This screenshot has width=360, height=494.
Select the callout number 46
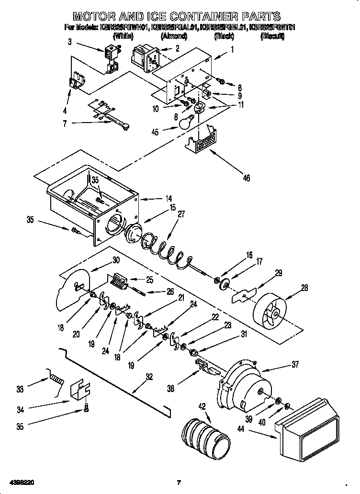pos(246,178)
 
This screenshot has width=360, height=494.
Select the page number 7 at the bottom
pos(178,482)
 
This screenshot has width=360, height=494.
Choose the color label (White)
pos(123,36)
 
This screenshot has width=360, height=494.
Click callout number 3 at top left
pos(70,43)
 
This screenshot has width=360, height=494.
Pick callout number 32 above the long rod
pos(149,377)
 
